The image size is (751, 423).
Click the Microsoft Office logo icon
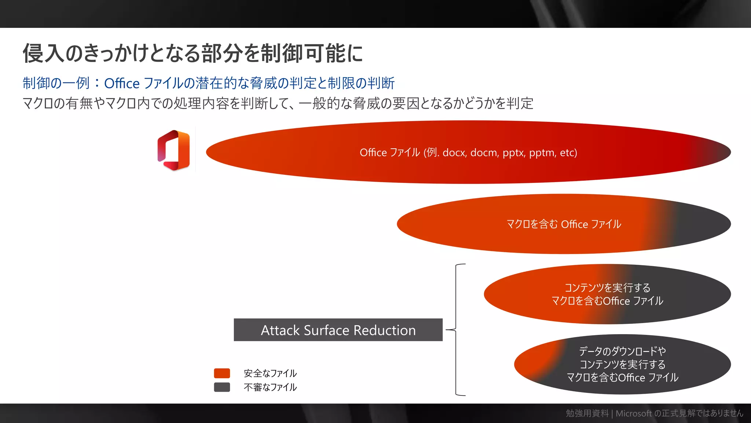[x=174, y=150]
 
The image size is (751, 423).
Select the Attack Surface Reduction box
[x=338, y=330]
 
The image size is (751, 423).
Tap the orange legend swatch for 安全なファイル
[x=222, y=373]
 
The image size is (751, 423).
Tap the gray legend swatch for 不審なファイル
[x=222, y=387]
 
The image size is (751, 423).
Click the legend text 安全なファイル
[x=270, y=373]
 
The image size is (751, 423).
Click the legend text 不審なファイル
[x=270, y=387]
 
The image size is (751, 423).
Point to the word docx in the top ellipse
[x=454, y=152]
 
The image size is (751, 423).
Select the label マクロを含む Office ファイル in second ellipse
[x=564, y=224]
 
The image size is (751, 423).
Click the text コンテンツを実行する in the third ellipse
[x=607, y=288]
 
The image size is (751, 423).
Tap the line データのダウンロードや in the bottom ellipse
[x=622, y=351]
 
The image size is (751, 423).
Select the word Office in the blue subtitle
[x=122, y=83]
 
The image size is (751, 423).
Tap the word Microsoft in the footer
[x=634, y=413]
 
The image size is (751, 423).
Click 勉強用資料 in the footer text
[x=587, y=413]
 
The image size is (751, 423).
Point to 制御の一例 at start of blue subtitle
[x=56, y=83]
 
